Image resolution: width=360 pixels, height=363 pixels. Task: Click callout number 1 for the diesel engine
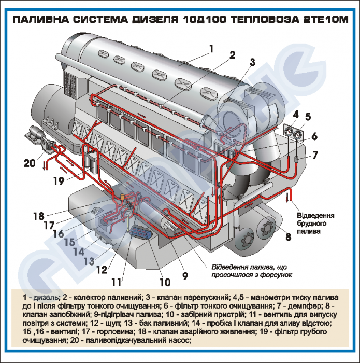[x=211, y=49]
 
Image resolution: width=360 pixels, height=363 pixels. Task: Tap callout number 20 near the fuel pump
[x=30, y=163]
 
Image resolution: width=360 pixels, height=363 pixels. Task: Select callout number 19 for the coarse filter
[x=59, y=181]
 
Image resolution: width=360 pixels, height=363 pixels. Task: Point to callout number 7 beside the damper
[x=315, y=155]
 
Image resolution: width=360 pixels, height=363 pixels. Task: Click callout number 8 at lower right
[x=289, y=236]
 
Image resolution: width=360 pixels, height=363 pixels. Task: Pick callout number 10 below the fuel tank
[x=165, y=282]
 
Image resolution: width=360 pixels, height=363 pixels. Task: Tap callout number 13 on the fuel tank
[x=89, y=261]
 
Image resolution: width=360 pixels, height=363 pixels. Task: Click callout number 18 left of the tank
[x=38, y=216]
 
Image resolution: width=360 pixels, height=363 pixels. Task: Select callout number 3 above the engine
[x=252, y=62]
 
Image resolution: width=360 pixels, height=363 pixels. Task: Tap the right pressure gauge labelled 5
[x=298, y=134]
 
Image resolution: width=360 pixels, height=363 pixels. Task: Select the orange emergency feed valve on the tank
[x=123, y=197]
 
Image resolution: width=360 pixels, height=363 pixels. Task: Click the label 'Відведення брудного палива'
[x=315, y=224]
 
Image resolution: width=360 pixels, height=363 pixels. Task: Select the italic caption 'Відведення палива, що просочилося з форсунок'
[x=252, y=271]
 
